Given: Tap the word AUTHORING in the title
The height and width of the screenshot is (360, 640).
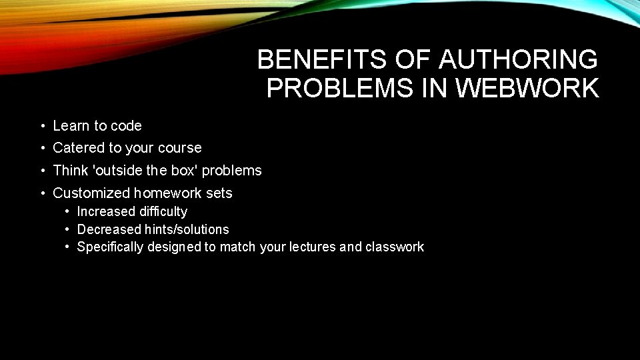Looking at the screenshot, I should pyautogui.click(x=518, y=60).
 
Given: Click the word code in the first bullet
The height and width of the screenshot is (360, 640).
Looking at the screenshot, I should pyautogui.click(x=126, y=125).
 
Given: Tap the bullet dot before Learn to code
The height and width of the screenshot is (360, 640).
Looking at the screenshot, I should pyautogui.click(x=41, y=126).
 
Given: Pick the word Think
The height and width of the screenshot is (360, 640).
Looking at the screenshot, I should pyautogui.click(x=70, y=170).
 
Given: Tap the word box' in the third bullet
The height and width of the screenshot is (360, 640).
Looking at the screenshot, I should pyautogui.click(x=184, y=170).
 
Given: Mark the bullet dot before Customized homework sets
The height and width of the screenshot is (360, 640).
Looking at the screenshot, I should pyautogui.click(x=41, y=193).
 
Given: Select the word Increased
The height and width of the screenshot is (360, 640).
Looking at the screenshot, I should pyautogui.click(x=106, y=211).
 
